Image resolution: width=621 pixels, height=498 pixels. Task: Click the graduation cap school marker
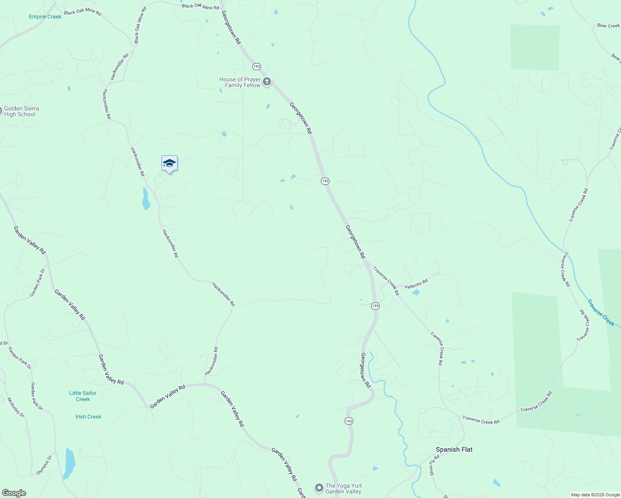click(x=169, y=164)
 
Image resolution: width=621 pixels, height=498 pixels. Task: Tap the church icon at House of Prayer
click(x=267, y=82)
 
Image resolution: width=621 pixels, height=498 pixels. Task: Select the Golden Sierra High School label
click(x=21, y=111)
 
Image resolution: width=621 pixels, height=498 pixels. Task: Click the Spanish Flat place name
click(x=454, y=449)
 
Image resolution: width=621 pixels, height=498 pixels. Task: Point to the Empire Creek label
click(x=45, y=17)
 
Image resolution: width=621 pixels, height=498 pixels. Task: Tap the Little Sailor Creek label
click(x=83, y=396)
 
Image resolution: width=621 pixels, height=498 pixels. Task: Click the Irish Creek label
click(x=88, y=417)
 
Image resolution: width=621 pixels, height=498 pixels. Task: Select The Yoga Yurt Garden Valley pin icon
click(x=319, y=488)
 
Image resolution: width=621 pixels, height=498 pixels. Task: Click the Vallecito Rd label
click(x=416, y=284)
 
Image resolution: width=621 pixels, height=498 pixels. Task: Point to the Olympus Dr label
click(x=44, y=465)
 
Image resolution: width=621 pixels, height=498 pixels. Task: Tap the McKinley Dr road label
click(x=16, y=408)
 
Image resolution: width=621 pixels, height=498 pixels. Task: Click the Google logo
click(x=14, y=493)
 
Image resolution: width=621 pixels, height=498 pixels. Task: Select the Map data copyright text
click(x=595, y=495)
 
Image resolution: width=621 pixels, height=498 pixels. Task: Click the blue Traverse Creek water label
click(x=601, y=312)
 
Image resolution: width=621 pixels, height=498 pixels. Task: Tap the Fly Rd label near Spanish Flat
click(x=434, y=460)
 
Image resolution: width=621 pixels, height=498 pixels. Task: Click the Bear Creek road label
click(x=608, y=26)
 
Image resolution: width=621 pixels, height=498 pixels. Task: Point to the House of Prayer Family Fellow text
click(x=240, y=82)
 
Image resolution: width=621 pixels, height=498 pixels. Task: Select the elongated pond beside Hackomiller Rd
click(x=146, y=199)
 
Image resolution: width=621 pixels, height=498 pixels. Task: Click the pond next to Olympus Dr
click(x=70, y=463)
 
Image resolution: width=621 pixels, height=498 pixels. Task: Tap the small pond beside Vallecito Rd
click(x=416, y=293)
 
